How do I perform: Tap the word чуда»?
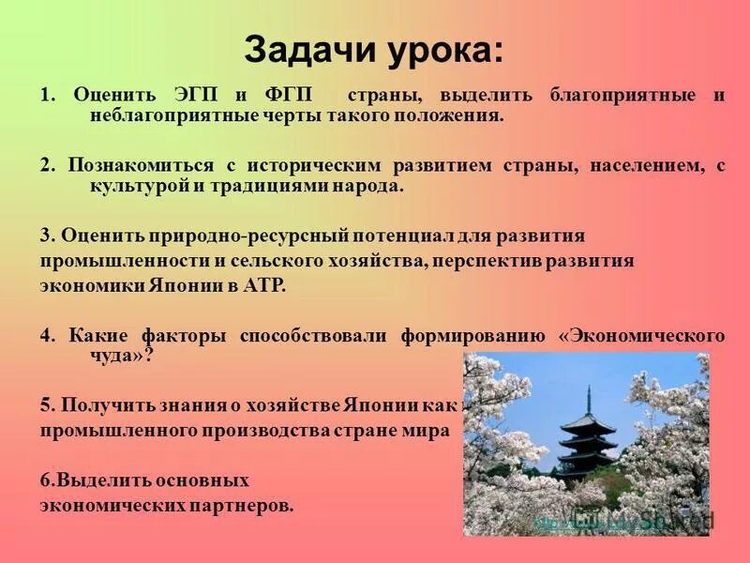[x=109, y=356]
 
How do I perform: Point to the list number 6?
[x=45, y=480]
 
